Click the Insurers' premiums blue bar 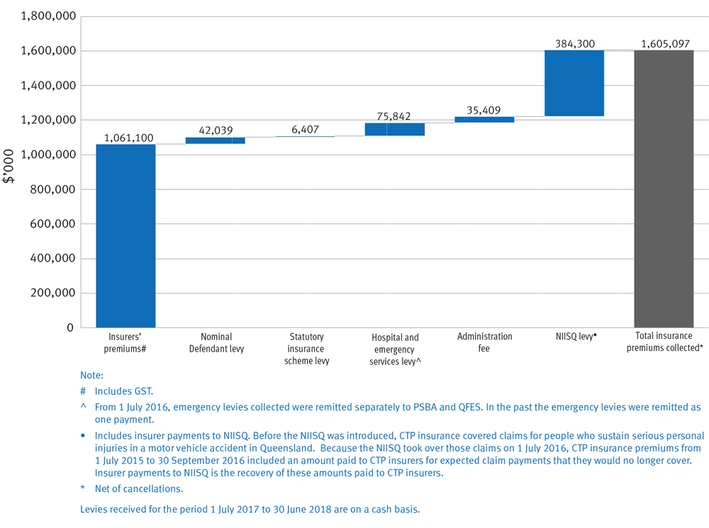tap(125, 235)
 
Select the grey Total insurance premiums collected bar tap(664, 189)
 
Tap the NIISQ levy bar tap(574, 83)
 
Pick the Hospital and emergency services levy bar tap(395, 129)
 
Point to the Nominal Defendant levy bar tap(216, 140)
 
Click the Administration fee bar tap(484, 120)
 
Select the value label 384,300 tap(574, 44)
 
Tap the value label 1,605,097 tap(664, 44)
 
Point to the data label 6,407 tap(305, 130)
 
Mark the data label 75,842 tap(395, 117)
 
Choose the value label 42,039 tap(216, 131)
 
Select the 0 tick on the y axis tap(69, 328)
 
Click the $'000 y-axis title tap(9, 167)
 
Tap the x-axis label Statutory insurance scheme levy tap(306, 349)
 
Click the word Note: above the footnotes tap(92, 376)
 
